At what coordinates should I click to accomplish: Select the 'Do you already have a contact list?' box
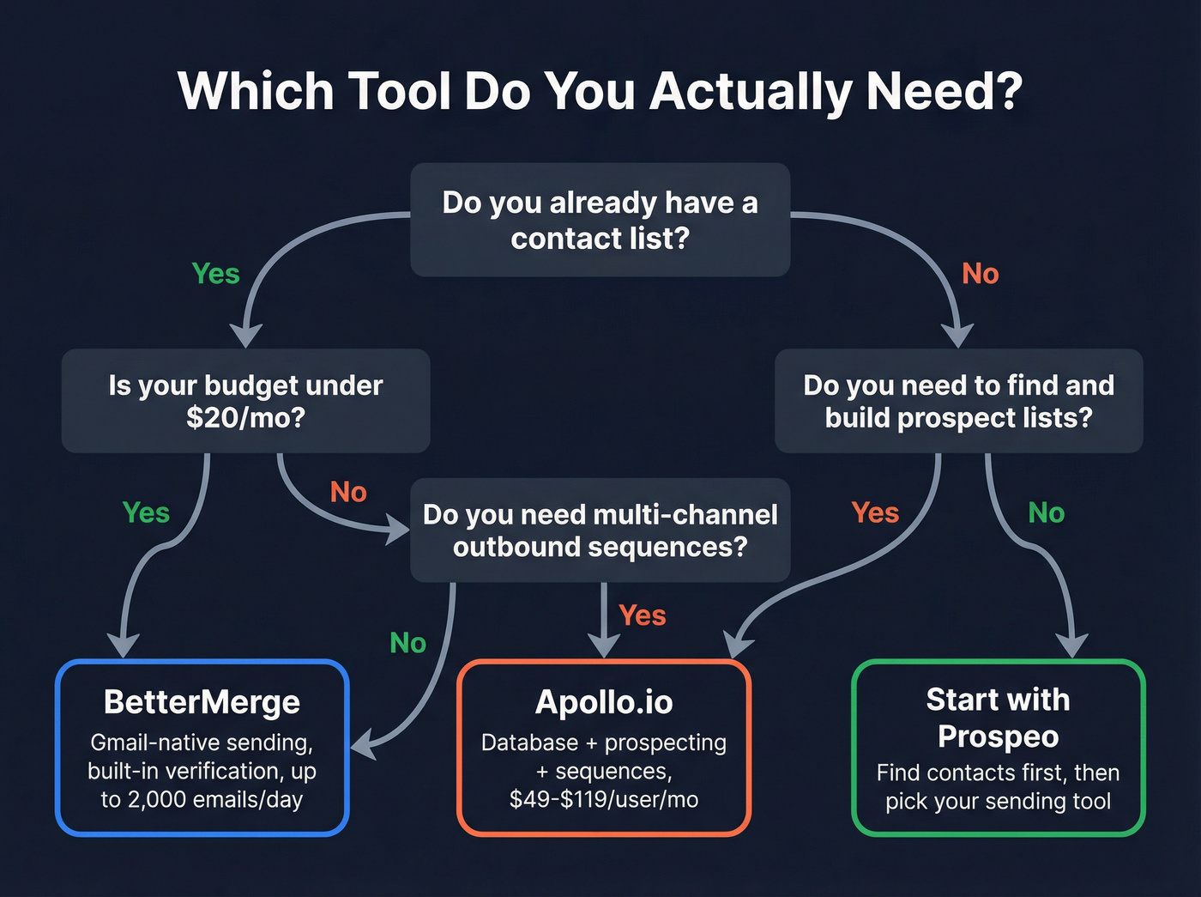coord(600,220)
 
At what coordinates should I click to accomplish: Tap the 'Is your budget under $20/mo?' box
coord(245,401)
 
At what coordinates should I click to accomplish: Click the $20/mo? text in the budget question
coord(245,418)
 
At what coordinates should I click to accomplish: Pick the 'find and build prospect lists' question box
coord(958,401)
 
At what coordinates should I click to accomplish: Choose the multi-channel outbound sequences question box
coord(600,530)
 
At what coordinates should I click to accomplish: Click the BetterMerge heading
coord(202,702)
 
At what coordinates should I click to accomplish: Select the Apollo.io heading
coord(604,702)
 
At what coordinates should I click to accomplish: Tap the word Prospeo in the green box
coord(998,736)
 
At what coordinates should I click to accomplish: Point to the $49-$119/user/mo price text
coord(604,800)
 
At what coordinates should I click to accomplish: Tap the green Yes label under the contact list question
coord(215,274)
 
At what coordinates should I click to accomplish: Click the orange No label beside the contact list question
coord(981,274)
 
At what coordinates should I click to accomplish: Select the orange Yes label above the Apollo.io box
coord(642,615)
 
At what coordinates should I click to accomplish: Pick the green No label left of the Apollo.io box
coord(407,643)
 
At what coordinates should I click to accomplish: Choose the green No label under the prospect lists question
coord(1046,512)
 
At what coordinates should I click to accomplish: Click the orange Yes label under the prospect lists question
coord(875,512)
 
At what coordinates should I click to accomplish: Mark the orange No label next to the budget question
coord(348,492)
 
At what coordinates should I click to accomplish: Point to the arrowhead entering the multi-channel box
coord(398,530)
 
